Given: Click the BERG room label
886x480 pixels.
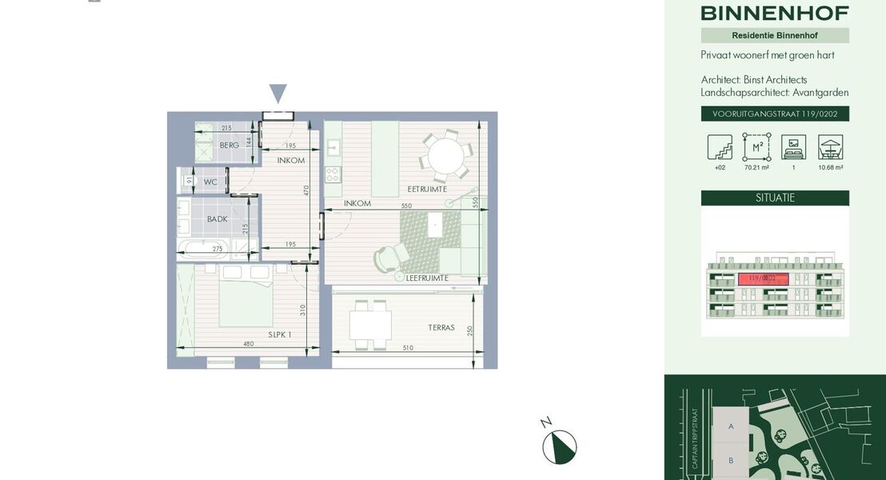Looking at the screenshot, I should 229,145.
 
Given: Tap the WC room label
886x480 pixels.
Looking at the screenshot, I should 210,182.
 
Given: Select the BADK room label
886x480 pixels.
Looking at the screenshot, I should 217,218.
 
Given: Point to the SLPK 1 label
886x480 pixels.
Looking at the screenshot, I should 279,334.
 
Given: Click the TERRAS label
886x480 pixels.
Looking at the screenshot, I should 441,327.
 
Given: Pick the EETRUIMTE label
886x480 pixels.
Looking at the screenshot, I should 427,189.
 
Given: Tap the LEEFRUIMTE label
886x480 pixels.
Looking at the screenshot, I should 427,278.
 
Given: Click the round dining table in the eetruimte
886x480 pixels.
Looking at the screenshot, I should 446,156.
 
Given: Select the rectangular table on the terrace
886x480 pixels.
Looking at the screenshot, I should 370,325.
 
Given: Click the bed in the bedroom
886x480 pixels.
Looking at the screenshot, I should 246,298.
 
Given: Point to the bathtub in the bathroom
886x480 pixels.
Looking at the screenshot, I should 203,249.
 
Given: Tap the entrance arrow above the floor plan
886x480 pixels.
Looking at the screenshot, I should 277,94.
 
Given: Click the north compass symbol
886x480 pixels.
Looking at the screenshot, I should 559,446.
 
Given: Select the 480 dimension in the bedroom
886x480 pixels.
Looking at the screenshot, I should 248,345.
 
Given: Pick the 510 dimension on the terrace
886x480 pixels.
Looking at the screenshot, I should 409,347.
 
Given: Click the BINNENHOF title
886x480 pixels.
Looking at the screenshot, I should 774,13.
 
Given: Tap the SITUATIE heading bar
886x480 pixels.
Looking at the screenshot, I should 775,198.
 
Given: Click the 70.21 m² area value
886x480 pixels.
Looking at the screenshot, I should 756,168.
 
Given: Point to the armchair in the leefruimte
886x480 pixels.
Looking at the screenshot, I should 391,254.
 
